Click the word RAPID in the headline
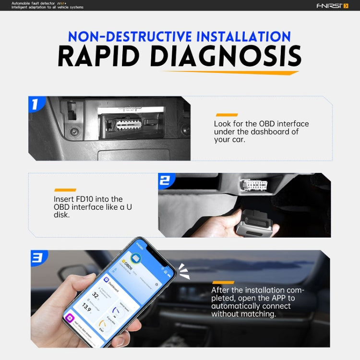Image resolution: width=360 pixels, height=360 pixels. tap(99, 57)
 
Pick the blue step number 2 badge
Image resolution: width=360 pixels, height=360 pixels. tap(165, 180)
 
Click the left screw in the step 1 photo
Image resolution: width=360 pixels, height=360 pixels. tap(73, 131)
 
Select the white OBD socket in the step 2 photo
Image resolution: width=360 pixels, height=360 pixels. tap(254, 186)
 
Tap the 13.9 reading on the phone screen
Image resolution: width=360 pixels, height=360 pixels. tap(86, 307)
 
